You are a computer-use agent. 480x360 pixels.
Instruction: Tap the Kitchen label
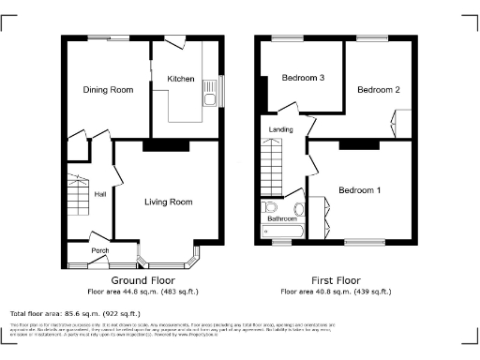(x=180, y=79)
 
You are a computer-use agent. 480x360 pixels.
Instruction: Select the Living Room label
(x=168, y=202)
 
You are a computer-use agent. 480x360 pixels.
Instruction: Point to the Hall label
(x=100, y=194)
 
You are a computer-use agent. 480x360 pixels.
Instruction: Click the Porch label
(x=99, y=251)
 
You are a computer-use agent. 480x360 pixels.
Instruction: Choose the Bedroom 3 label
(x=303, y=78)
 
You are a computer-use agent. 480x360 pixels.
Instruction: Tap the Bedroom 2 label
(x=378, y=90)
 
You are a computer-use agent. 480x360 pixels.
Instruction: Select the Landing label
(x=281, y=129)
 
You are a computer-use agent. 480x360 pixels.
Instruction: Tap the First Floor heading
(x=336, y=280)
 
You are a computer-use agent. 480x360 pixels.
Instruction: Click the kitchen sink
(x=213, y=97)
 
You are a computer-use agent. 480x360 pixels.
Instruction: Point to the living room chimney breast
(x=166, y=145)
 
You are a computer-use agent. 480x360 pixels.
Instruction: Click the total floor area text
(x=75, y=313)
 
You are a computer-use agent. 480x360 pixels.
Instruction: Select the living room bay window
(x=168, y=258)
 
